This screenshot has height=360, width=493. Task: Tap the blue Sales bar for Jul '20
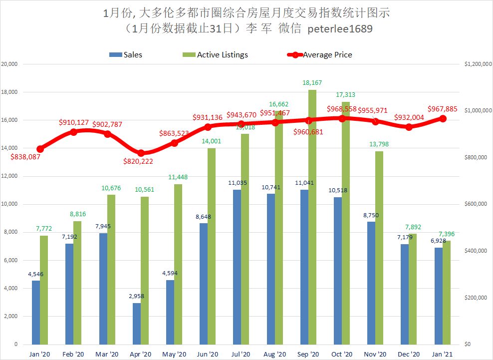[x=237, y=267]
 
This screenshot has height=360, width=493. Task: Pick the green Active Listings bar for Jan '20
[x=44, y=290]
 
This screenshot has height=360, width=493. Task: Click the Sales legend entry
[x=126, y=55]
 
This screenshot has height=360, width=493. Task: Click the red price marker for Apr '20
[x=141, y=153]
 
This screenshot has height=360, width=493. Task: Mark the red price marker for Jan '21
[x=443, y=118]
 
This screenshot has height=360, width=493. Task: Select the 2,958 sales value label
[x=136, y=296]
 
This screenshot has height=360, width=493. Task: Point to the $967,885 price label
[x=446, y=108]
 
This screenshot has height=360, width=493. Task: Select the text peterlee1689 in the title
[x=341, y=29]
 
